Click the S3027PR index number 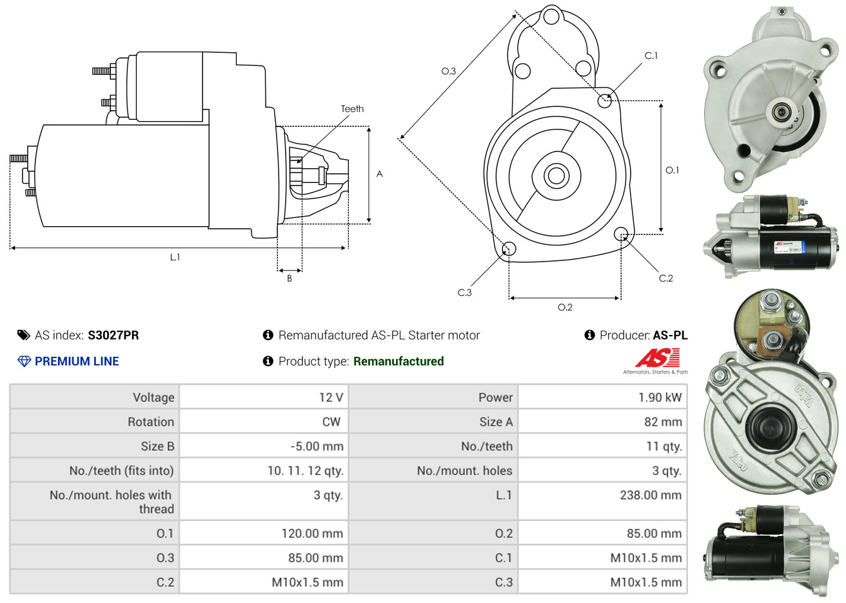[x=113, y=335]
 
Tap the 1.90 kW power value [x=660, y=397]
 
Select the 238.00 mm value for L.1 [x=651, y=495]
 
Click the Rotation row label [x=151, y=422]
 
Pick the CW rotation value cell [x=331, y=422]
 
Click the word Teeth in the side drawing [x=352, y=109]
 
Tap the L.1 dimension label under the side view [x=175, y=257]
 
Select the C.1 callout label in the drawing [x=651, y=56]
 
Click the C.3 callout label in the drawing [x=464, y=292]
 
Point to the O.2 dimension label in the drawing [x=565, y=307]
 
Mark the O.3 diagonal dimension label [x=448, y=72]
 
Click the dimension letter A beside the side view [x=380, y=174]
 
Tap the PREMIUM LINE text [x=77, y=361]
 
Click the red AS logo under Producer [x=657, y=358]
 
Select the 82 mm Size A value [x=663, y=422]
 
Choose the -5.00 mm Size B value [x=317, y=446]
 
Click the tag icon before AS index [x=24, y=335]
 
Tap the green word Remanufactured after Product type [x=398, y=361]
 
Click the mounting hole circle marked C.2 [x=621, y=233]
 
